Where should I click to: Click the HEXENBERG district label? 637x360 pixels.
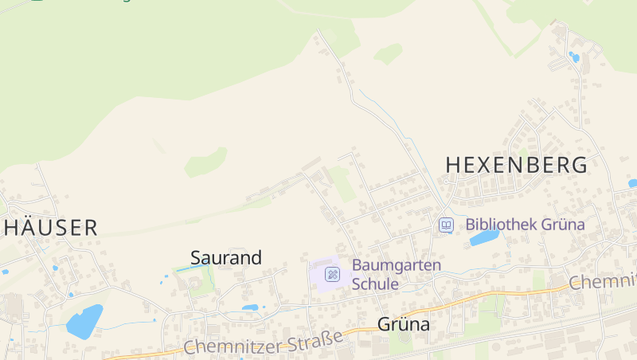[516, 165]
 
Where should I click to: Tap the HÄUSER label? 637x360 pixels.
[51, 227]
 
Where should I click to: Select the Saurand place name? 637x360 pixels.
[226, 257]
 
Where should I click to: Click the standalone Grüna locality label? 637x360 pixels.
[403, 324]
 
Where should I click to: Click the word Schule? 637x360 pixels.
[375, 284]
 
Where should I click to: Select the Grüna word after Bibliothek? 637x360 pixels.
[565, 225]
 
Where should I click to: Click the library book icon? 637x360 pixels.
[446, 225]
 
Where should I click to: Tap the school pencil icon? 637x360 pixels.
[333, 275]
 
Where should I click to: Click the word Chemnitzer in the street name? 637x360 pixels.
[230, 345]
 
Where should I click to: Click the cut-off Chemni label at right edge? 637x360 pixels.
[603, 281]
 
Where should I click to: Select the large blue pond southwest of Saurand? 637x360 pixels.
[84, 321]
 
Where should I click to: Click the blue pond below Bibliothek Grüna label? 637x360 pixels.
[484, 237]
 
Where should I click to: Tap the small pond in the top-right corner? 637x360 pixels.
[574, 57]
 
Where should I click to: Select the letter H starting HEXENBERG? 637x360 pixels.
[453, 165]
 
